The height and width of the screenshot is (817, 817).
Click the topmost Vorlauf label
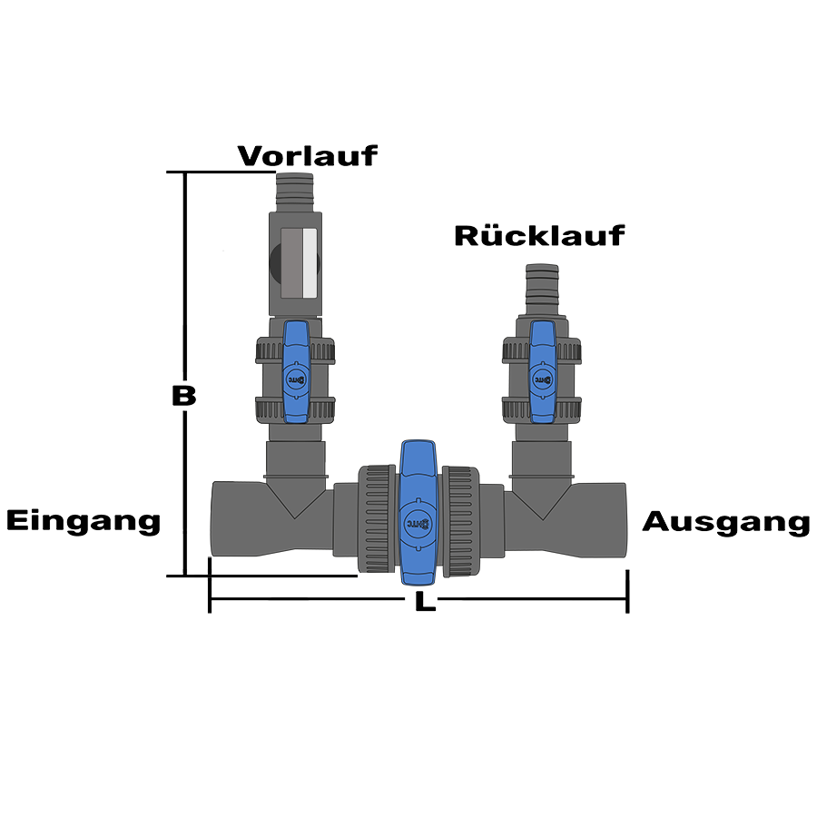[307, 155]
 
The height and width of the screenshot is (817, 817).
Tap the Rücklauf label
[539, 236]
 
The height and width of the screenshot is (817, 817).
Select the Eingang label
[84, 522]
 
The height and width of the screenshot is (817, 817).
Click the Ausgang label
[725, 523]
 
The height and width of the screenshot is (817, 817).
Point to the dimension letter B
[183, 396]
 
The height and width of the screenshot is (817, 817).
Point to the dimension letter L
[420, 601]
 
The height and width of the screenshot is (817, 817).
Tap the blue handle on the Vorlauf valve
[297, 372]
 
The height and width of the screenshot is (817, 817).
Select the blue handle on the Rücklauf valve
[542, 371]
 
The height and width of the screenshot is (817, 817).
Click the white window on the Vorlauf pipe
[309, 264]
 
